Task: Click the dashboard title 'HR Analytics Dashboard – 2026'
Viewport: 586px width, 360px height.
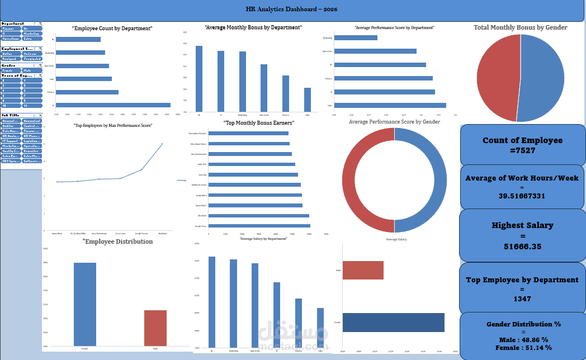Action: coord(291,10)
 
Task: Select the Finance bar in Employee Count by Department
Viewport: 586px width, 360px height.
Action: coord(87,92)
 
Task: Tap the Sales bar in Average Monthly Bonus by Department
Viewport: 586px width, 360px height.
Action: coord(307,100)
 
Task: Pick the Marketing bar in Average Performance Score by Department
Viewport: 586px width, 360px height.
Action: coord(356,38)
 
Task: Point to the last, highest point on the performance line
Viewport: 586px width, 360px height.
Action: coord(162,144)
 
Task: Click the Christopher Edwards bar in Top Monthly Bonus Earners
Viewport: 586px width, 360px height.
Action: coord(248,133)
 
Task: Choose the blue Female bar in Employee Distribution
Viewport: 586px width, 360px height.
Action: coord(85,304)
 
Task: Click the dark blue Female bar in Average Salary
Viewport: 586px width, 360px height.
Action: coord(393,323)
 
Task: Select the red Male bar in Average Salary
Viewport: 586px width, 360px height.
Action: coord(363,270)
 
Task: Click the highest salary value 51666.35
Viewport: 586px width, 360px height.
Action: coord(522,246)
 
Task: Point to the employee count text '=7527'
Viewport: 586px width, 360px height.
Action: coord(522,150)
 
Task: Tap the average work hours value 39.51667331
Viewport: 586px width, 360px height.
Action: coord(522,196)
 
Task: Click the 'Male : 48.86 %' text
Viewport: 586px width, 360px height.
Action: coord(522,339)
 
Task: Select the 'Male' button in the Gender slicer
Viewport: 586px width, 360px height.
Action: coord(32,70)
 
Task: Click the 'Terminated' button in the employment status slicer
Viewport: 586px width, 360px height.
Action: coord(32,58)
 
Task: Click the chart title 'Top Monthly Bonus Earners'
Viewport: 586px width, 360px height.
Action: coord(258,122)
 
